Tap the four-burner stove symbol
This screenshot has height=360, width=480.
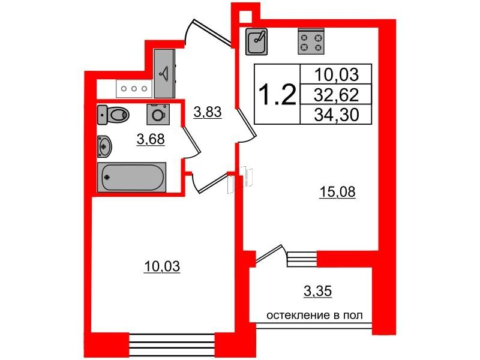(x=311, y=41)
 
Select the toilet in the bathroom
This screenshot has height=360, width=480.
(x=114, y=113)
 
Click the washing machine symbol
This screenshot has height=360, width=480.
(x=158, y=113)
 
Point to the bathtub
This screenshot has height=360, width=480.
(x=131, y=178)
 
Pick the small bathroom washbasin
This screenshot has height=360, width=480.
(x=104, y=145)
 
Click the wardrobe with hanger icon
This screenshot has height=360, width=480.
(x=164, y=73)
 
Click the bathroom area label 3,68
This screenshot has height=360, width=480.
(x=150, y=140)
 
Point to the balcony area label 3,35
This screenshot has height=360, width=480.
(x=317, y=292)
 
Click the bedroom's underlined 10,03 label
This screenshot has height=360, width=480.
(x=162, y=265)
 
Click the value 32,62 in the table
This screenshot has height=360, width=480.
(x=337, y=94)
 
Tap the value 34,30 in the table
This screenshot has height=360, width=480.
(x=337, y=114)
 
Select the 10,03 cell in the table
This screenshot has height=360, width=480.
(x=337, y=74)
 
